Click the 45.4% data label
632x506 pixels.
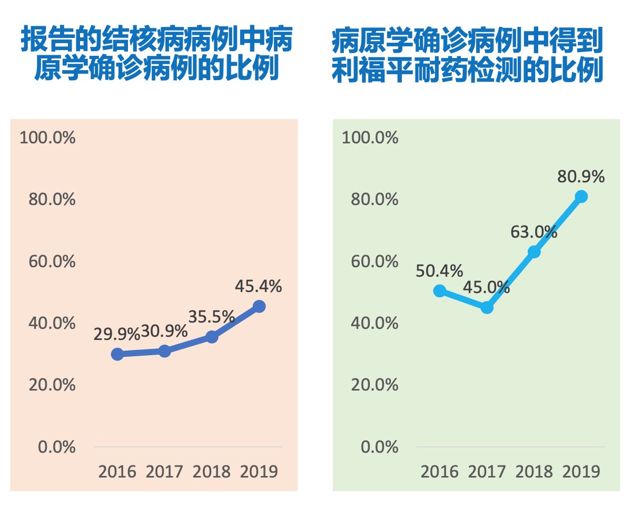click(259, 287)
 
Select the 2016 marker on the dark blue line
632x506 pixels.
click(117, 354)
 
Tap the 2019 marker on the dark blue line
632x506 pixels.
click(259, 306)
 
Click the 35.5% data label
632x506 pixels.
click(211, 316)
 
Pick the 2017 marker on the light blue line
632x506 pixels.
click(487, 307)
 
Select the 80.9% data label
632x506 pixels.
click(581, 177)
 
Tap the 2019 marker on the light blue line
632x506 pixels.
click(581, 197)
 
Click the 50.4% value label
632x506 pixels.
click(439, 271)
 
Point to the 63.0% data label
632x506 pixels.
click(534, 231)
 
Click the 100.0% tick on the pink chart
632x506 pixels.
click(47, 138)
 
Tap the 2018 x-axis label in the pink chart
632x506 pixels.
click(211, 471)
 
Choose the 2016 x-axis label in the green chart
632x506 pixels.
click(439, 471)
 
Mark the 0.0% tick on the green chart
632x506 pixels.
click(379, 447)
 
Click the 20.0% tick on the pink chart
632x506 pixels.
click(52, 385)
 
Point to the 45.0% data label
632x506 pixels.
click(487, 288)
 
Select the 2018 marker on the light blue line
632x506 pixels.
click(534, 252)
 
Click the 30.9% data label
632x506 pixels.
click(164, 332)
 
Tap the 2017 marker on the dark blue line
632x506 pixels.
click(164, 351)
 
